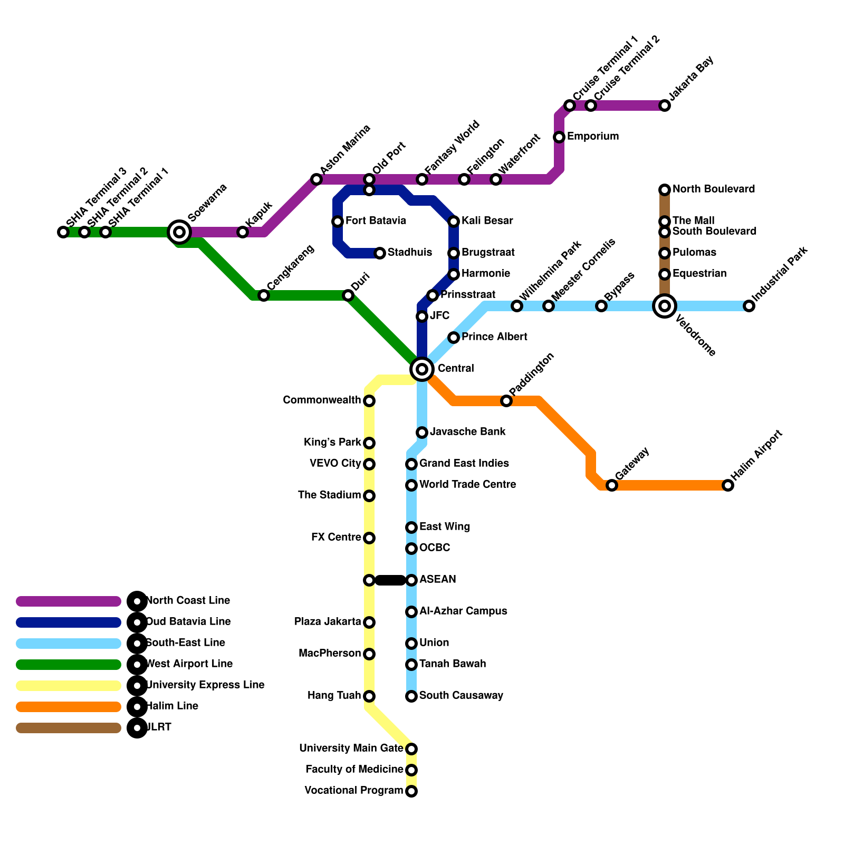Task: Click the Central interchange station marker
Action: click(x=422, y=369)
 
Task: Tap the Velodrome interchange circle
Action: click(x=665, y=306)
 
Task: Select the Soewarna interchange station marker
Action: click(x=179, y=232)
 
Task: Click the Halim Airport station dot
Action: click(x=728, y=485)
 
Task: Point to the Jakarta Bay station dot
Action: click(x=665, y=105)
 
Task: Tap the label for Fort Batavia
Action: click(x=376, y=220)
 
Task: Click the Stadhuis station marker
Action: click(x=380, y=253)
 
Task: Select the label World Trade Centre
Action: click(x=467, y=484)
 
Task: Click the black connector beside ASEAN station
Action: click(x=390, y=580)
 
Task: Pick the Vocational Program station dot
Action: click(x=411, y=791)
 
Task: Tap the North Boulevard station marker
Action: click(x=665, y=190)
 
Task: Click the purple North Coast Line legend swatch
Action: click(x=69, y=601)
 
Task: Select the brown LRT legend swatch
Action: click(x=69, y=728)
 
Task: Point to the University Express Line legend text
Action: click(x=205, y=685)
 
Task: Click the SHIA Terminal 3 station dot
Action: click(x=63, y=232)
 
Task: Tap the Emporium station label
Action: click(x=593, y=136)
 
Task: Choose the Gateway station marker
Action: click(x=612, y=485)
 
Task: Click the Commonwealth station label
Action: click(x=322, y=400)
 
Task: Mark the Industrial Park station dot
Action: click(x=749, y=306)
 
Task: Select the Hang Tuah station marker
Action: click(x=369, y=696)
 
